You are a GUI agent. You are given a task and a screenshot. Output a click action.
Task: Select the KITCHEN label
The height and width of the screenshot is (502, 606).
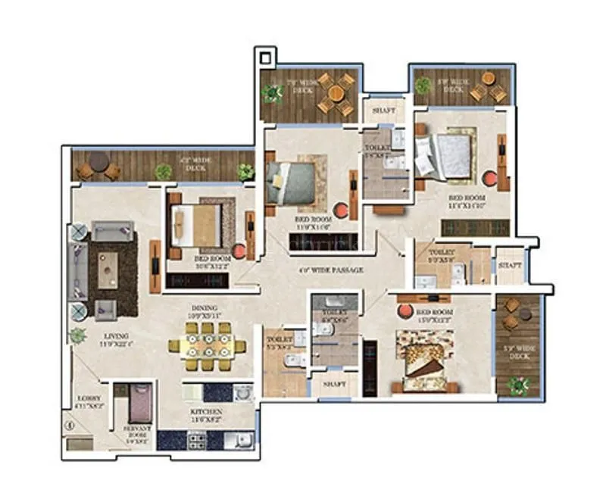click(x=206, y=414)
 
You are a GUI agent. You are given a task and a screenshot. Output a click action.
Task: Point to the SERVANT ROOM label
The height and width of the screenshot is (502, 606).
click(x=139, y=432)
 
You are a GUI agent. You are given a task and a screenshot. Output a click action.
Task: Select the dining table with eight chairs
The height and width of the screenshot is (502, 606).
click(x=207, y=347)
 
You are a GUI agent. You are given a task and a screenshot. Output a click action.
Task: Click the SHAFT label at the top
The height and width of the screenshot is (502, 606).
click(x=383, y=110)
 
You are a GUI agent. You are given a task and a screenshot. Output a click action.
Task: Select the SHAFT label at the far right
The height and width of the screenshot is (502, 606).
click(x=510, y=265)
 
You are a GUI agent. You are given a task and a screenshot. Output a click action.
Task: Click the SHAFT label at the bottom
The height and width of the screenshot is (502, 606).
click(x=334, y=385)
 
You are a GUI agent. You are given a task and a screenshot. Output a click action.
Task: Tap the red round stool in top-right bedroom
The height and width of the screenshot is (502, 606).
click(x=490, y=179)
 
